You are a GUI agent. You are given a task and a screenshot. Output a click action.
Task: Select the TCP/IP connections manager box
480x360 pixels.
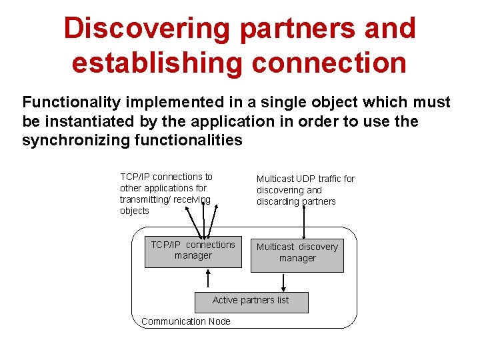[x=193, y=251]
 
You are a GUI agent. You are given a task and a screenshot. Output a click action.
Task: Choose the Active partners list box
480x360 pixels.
[x=251, y=301]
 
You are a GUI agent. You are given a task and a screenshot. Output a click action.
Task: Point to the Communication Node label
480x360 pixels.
[x=186, y=321]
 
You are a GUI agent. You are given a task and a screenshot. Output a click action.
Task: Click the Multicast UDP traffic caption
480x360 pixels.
[x=305, y=190]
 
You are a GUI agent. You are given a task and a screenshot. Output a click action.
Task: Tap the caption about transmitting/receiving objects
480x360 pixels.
[x=166, y=193]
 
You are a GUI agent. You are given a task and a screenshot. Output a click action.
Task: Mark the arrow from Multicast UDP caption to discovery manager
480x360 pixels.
[x=303, y=220]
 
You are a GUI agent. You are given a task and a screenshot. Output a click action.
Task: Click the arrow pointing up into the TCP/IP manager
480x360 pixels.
[x=209, y=280]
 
